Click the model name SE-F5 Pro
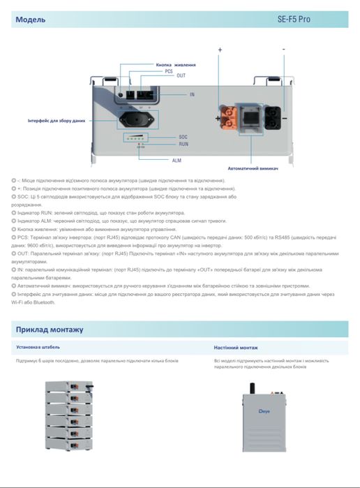click(x=315, y=20)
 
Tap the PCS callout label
click(x=169, y=71)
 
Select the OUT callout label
click(x=181, y=75)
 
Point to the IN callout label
click(x=192, y=94)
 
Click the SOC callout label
click(x=183, y=137)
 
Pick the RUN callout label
click(x=183, y=144)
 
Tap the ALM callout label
click(x=177, y=160)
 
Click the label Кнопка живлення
click(x=175, y=65)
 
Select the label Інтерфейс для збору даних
click(x=57, y=121)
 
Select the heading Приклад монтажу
click(x=50, y=329)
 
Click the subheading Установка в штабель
click(x=38, y=347)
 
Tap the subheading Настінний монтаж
click(x=236, y=347)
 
